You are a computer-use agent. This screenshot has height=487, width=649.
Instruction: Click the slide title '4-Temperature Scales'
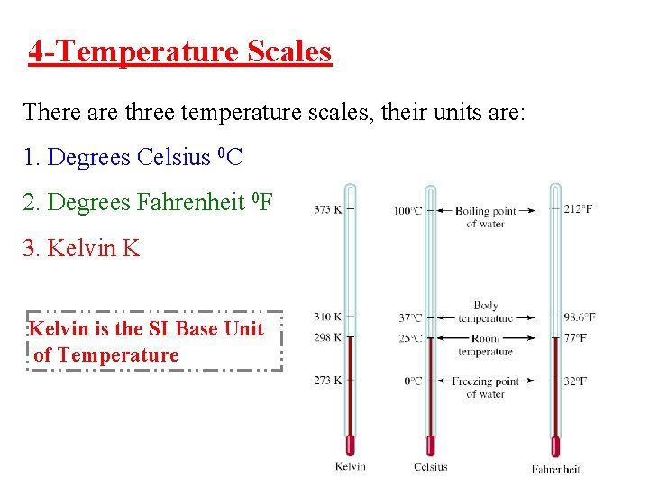click(179, 51)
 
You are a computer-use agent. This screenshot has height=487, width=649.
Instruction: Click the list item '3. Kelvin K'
click(81, 247)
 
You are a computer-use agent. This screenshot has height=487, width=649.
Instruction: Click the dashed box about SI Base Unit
click(155, 342)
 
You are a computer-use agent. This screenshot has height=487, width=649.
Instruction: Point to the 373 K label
click(327, 209)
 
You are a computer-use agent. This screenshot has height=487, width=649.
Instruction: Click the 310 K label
click(327, 317)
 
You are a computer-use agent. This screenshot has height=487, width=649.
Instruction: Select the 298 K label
click(327, 337)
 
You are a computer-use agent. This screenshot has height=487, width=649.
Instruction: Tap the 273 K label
click(327, 380)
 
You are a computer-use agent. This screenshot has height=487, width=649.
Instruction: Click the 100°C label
click(407, 211)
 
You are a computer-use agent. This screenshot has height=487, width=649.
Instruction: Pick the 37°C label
click(410, 317)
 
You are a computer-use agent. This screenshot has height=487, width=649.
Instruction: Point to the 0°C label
click(413, 381)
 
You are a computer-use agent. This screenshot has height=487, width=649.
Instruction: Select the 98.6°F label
click(578, 317)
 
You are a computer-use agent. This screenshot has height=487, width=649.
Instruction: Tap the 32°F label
click(576, 381)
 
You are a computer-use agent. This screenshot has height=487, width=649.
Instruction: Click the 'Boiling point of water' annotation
click(485, 217)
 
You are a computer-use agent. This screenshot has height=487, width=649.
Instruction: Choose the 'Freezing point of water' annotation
click(485, 387)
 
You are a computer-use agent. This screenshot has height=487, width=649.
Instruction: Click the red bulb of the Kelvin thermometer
click(351, 446)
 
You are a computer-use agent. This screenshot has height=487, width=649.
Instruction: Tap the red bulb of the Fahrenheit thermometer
click(555, 446)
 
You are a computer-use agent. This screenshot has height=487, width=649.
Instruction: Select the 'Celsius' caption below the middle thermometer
click(430, 466)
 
